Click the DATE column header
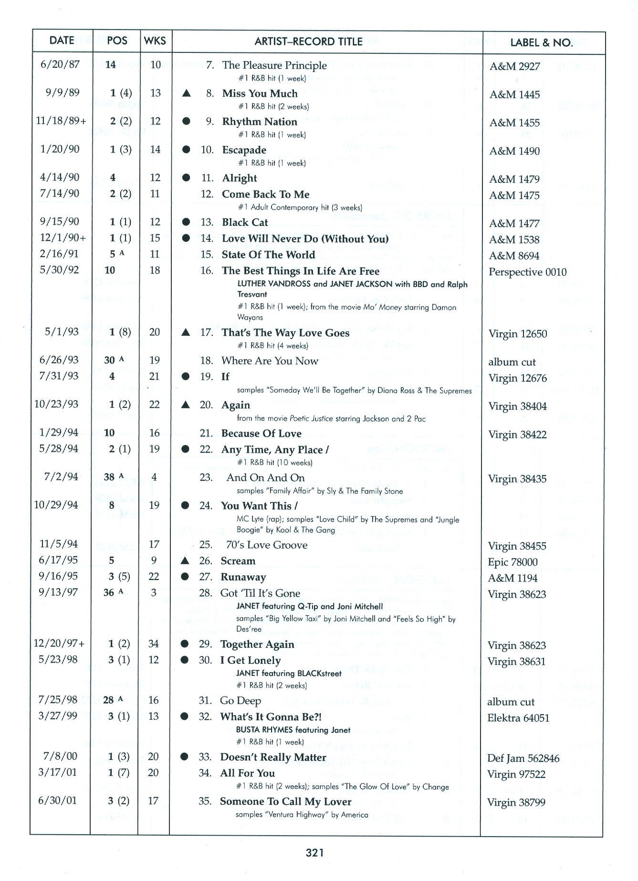[x=62, y=41]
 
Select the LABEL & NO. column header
[x=542, y=42]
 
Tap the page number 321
[x=315, y=852]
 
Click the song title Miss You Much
[x=260, y=93]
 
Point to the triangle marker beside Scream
[x=185, y=561]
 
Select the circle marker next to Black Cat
[x=186, y=222]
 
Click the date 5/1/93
[x=62, y=332]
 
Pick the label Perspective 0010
[x=527, y=272]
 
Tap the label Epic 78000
[x=512, y=562]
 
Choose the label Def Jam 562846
[x=523, y=758]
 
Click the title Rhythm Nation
[x=260, y=122]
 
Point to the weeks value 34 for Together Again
[x=153, y=643]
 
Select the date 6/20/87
[x=60, y=64]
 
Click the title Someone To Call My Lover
[x=285, y=801]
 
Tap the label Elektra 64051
[x=518, y=718]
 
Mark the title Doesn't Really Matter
[x=273, y=757]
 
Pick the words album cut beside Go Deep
[x=511, y=702]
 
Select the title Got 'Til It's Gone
[x=260, y=593]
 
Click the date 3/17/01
[x=57, y=772]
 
